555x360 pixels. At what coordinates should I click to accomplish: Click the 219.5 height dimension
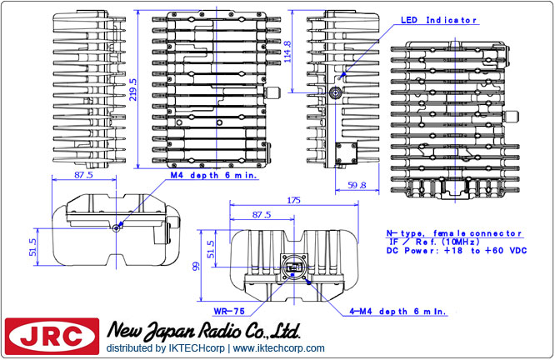tap(133, 85)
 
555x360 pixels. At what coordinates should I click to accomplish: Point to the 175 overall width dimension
tap(292, 200)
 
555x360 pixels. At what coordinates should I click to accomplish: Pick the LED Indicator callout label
tap(438, 19)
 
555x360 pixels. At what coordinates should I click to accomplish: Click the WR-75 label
tap(227, 310)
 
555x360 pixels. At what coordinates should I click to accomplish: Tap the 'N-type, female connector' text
tap(453, 233)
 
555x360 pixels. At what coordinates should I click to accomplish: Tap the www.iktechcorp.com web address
tap(279, 347)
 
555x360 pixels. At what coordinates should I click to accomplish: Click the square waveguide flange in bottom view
tap(292, 267)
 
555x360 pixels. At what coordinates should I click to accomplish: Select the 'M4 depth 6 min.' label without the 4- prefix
tap(213, 176)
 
